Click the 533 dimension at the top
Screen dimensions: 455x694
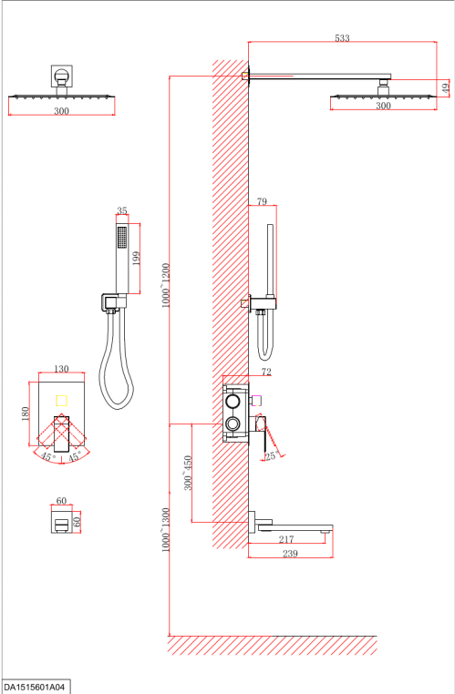coord(342,38)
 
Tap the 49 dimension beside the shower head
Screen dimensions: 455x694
coord(446,87)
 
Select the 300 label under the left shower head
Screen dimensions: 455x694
coord(62,111)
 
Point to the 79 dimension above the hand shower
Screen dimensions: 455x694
coord(262,201)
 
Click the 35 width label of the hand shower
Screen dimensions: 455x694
coord(122,210)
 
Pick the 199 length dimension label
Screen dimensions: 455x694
coord(136,258)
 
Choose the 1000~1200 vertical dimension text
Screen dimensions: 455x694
coord(166,285)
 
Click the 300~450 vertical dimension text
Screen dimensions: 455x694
coord(188,473)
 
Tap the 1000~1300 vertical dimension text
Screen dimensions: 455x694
coord(166,530)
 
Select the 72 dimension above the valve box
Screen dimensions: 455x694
coord(266,373)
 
